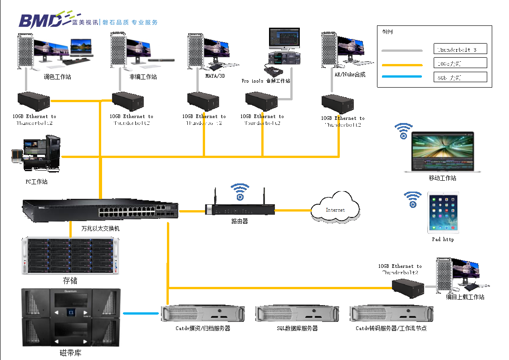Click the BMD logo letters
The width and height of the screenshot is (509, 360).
click(40, 20)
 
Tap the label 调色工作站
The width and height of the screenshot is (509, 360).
click(57, 77)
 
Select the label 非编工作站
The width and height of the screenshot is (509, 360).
click(143, 77)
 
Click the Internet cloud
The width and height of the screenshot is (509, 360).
click(335, 209)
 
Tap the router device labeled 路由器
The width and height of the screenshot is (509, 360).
click(240, 209)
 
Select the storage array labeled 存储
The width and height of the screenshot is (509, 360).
click(70, 256)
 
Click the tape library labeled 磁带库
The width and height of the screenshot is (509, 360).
click(71, 317)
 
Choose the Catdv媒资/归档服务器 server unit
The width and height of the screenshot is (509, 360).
click(203, 314)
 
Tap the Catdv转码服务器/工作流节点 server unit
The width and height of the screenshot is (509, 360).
click(391, 314)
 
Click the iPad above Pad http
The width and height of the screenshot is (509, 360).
click(443, 212)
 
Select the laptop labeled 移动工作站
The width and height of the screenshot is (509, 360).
click(442, 152)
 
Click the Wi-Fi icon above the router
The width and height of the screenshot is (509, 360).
click(240, 191)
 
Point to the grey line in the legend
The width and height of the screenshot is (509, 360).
click(402, 50)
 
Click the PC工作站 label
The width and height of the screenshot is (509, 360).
click(36, 182)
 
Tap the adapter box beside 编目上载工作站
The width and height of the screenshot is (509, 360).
click(408, 288)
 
